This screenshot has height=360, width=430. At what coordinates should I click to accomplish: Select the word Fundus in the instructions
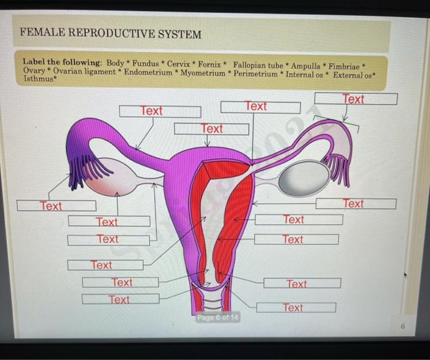145,63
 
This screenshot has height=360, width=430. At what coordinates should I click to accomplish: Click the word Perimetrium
254,73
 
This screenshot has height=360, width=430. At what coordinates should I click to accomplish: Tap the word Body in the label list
115,63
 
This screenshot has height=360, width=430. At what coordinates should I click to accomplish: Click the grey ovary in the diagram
303,178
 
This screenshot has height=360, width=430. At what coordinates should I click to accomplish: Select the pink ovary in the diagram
114,177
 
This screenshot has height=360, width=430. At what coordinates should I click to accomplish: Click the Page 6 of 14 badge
217,318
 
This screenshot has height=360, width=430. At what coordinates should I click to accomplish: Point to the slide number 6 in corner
402,327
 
